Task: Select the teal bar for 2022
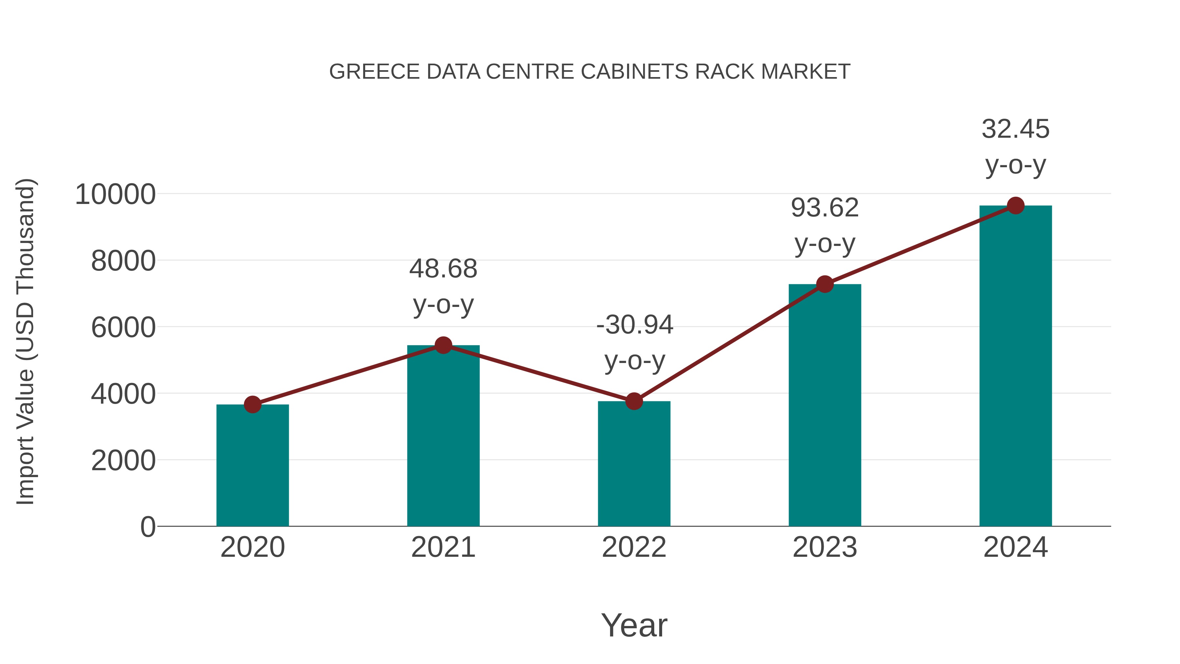pos(634,464)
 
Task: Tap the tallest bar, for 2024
pos(1015,367)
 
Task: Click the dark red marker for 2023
pos(825,284)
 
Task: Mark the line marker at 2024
pos(1015,206)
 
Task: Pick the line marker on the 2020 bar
pos(252,404)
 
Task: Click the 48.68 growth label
pos(443,269)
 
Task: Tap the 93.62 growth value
pos(825,208)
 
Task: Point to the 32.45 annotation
pos(1015,129)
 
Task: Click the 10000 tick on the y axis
pos(115,194)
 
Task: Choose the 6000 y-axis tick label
pos(123,328)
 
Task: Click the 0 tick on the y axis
pos(147,527)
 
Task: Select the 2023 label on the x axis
pos(825,547)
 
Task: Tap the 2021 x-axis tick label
pos(443,547)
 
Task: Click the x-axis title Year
pos(634,625)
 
